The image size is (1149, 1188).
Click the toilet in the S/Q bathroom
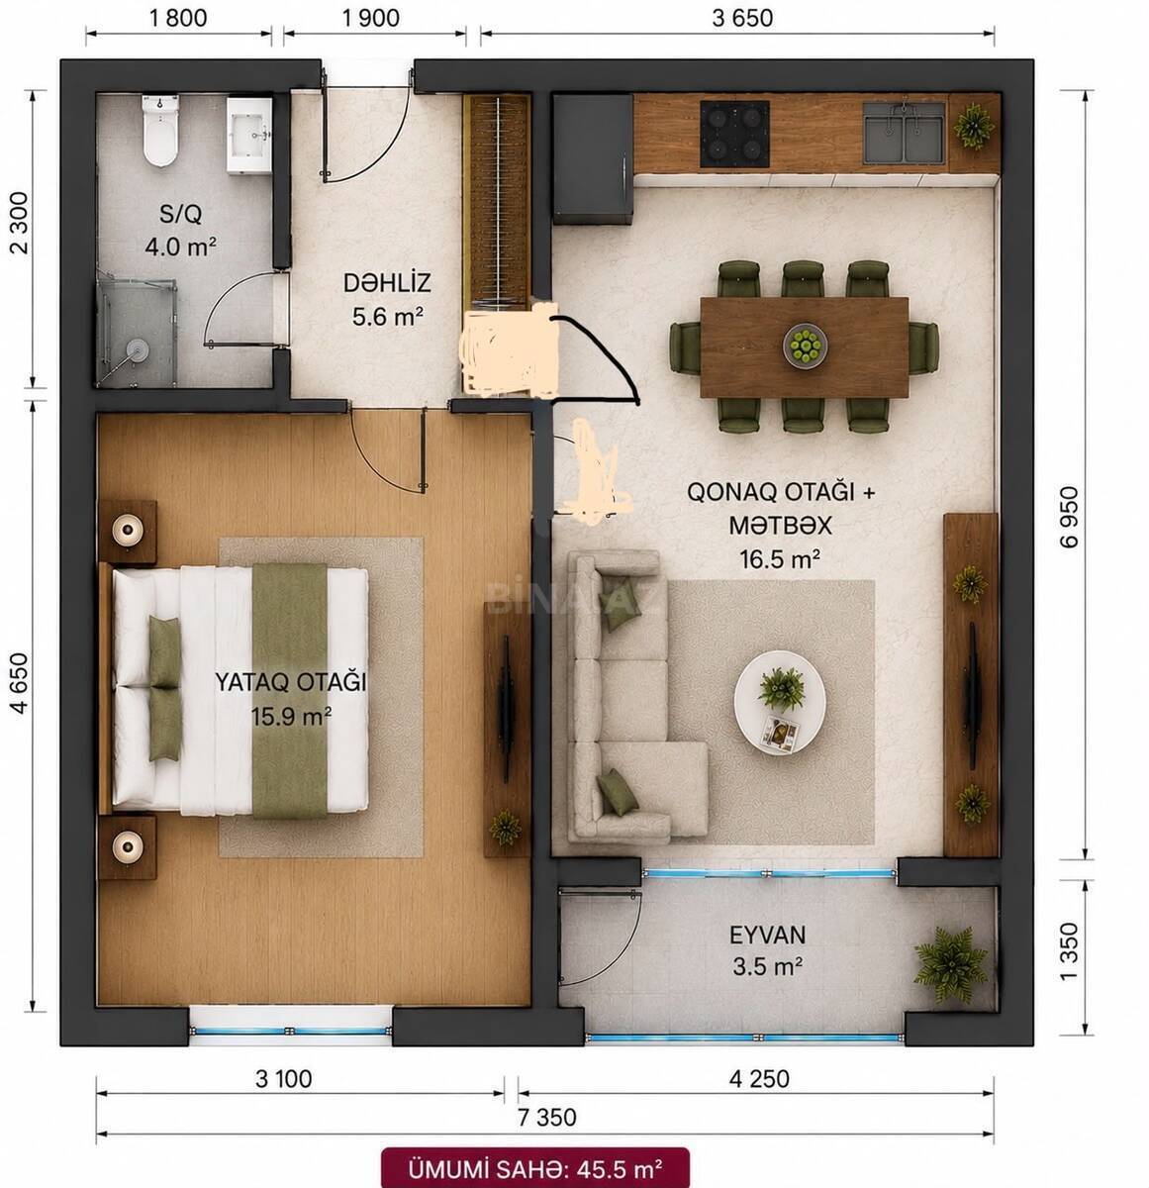160,130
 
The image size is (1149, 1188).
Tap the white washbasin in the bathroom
249,135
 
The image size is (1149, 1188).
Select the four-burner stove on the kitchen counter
734,133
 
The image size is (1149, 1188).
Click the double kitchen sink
904,133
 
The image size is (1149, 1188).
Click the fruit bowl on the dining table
805,345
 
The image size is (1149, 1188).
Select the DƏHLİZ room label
387,283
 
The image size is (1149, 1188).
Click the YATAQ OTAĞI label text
290,682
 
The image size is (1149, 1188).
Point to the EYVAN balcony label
768,935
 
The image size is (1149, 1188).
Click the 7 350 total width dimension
546,1118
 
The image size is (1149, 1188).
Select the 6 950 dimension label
1069,517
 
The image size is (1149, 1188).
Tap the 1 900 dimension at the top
371,18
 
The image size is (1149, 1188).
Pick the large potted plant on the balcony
950,964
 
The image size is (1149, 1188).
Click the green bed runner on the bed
290,690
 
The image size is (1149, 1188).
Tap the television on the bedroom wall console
506,708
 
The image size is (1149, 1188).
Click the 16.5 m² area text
779,558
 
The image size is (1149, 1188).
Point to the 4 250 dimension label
759,1079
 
